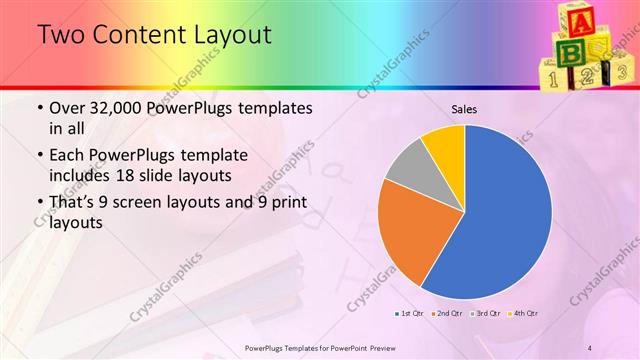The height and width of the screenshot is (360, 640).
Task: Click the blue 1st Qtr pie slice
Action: tap(505, 215)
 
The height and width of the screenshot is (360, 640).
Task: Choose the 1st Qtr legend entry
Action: tap(410, 314)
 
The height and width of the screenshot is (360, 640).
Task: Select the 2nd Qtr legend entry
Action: tap(446, 314)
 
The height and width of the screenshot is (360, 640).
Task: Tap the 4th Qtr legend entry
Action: tap(520, 314)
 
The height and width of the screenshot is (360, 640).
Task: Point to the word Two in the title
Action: tap(60, 35)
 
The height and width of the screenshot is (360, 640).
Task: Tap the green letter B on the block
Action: tap(570, 50)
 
